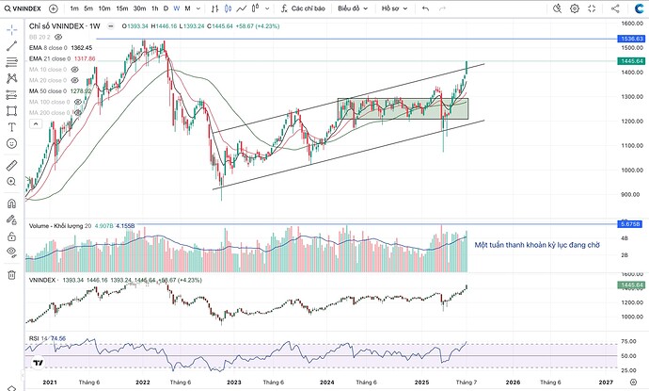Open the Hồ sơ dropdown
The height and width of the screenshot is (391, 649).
pyautogui.click(x=395, y=8)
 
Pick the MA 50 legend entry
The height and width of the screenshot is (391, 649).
pyautogui.click(x=47, y=91)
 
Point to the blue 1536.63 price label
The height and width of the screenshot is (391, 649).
pyautogui.click(x=630, y=39)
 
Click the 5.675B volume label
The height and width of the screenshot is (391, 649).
pyautogui.click(x=630, y=224)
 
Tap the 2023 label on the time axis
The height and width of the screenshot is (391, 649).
pyautogui.click(x=233, y=383)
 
